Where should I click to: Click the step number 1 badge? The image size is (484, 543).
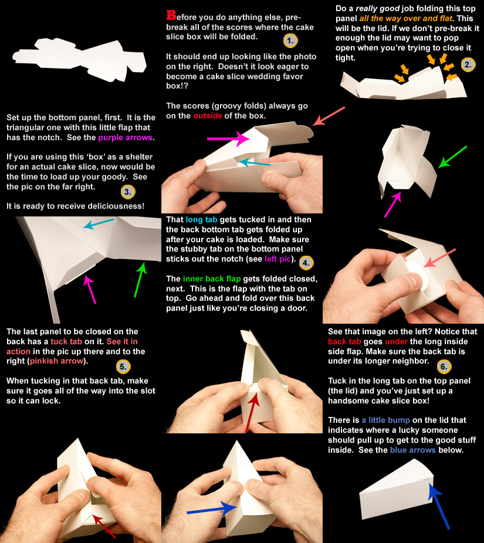click(290, 40)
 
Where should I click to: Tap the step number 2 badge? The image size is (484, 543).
click(468, 65)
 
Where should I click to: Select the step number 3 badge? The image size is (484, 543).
click(128, 192)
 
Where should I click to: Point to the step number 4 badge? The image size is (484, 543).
click(306, 263)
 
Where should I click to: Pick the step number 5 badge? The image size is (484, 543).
click(123, 366)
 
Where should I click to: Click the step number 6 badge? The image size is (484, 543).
click(444, 366)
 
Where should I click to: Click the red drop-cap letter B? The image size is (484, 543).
click(171, 15)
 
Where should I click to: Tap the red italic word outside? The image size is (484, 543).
click(208, 116)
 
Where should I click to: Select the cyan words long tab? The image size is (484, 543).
click(201, 219)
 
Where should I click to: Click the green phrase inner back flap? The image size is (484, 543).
click(212, 279)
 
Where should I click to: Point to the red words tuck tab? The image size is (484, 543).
click(66, 341)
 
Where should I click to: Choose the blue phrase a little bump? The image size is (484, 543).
click(385, 420)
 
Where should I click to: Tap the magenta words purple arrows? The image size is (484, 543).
click(125, 137)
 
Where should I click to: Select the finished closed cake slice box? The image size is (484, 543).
click(397, 488)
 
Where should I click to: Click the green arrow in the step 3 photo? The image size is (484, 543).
click(140, 280)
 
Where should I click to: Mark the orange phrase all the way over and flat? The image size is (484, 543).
click(406, 18)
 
